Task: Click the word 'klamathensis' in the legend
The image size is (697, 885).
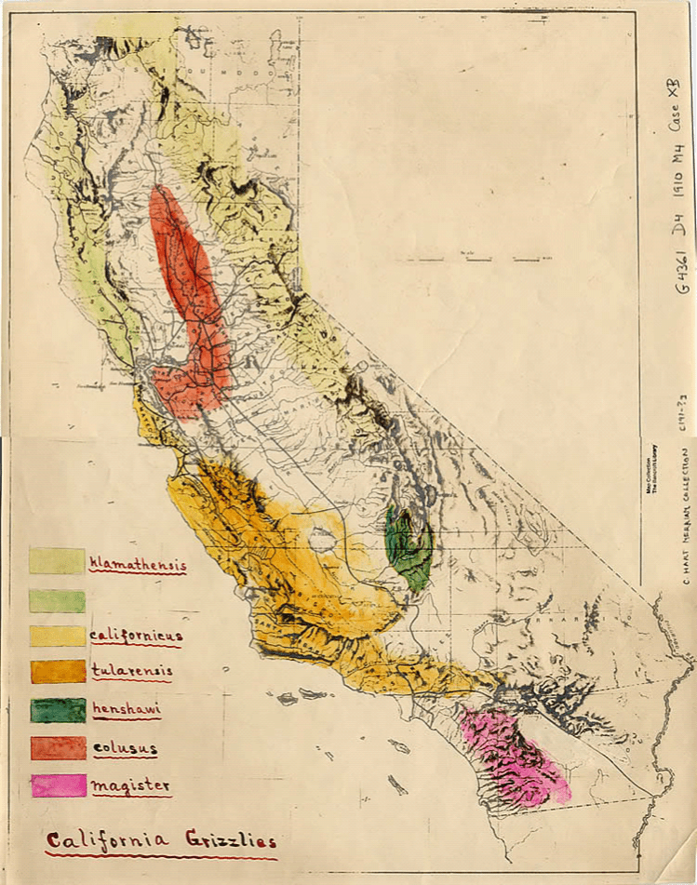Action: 138,564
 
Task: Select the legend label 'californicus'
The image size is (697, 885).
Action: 136,636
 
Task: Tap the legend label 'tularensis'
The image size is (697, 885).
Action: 132,671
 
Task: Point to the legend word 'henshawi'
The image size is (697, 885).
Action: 126,709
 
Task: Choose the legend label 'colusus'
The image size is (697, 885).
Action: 125,748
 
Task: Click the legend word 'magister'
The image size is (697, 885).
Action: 130,785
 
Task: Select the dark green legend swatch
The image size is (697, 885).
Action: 58,710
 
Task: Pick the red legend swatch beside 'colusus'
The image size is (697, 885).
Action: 58,748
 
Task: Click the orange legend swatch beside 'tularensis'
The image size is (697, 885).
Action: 58,672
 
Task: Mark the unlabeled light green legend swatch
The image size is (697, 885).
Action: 57,601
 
